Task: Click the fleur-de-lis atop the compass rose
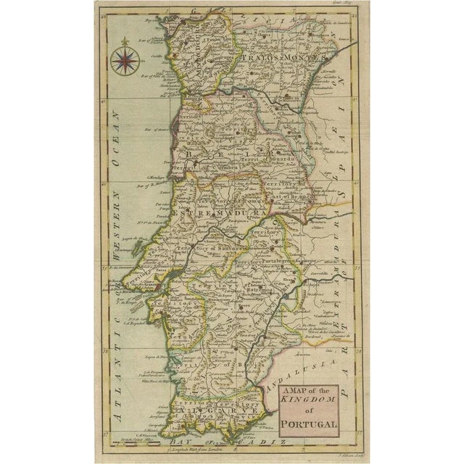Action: click(125, 42)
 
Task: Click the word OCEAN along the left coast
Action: click(117, 138)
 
